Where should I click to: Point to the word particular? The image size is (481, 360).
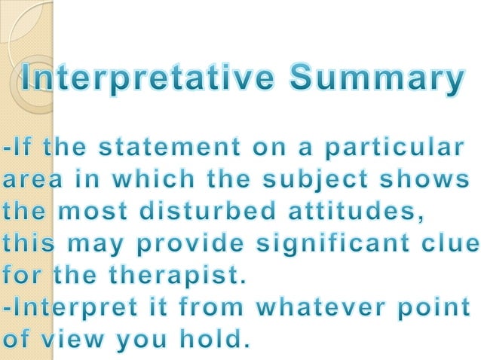pos(392,150)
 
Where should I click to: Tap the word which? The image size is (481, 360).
pos(150,182)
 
